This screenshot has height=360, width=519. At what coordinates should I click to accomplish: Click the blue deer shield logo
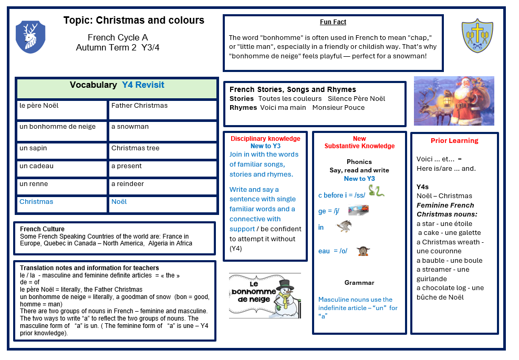(30, 37)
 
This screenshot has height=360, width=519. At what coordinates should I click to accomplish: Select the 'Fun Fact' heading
(333, 22)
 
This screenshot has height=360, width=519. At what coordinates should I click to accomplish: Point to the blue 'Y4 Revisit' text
(143, 85)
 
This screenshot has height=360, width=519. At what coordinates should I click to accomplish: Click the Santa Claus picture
(454, 101)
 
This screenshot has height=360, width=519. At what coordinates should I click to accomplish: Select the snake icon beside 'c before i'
(376, 191)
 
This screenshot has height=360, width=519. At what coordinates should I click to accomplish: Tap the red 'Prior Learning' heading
(454, 141)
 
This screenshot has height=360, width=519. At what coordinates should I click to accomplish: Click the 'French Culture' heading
(42, 229)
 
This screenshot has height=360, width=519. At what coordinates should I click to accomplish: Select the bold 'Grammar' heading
(359, 283)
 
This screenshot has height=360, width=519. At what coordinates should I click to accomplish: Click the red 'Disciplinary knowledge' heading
(265, 139)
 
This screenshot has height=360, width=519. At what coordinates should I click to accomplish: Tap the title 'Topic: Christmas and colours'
(133, 20)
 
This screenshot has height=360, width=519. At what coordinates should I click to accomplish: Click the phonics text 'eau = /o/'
(333, 251)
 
